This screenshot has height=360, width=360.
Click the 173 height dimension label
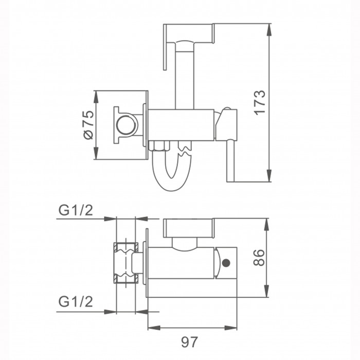click(260, 102)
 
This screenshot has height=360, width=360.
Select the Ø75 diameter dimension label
click(88, 124)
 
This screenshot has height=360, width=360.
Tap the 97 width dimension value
click(189, 343)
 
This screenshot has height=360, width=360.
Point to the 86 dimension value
click(259, 257)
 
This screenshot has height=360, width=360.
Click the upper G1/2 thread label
click(76, 210)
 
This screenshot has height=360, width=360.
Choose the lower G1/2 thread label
click(76, 301)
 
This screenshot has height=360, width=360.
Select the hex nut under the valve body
click(159, 146)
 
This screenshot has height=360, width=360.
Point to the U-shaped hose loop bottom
click(172, 184)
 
